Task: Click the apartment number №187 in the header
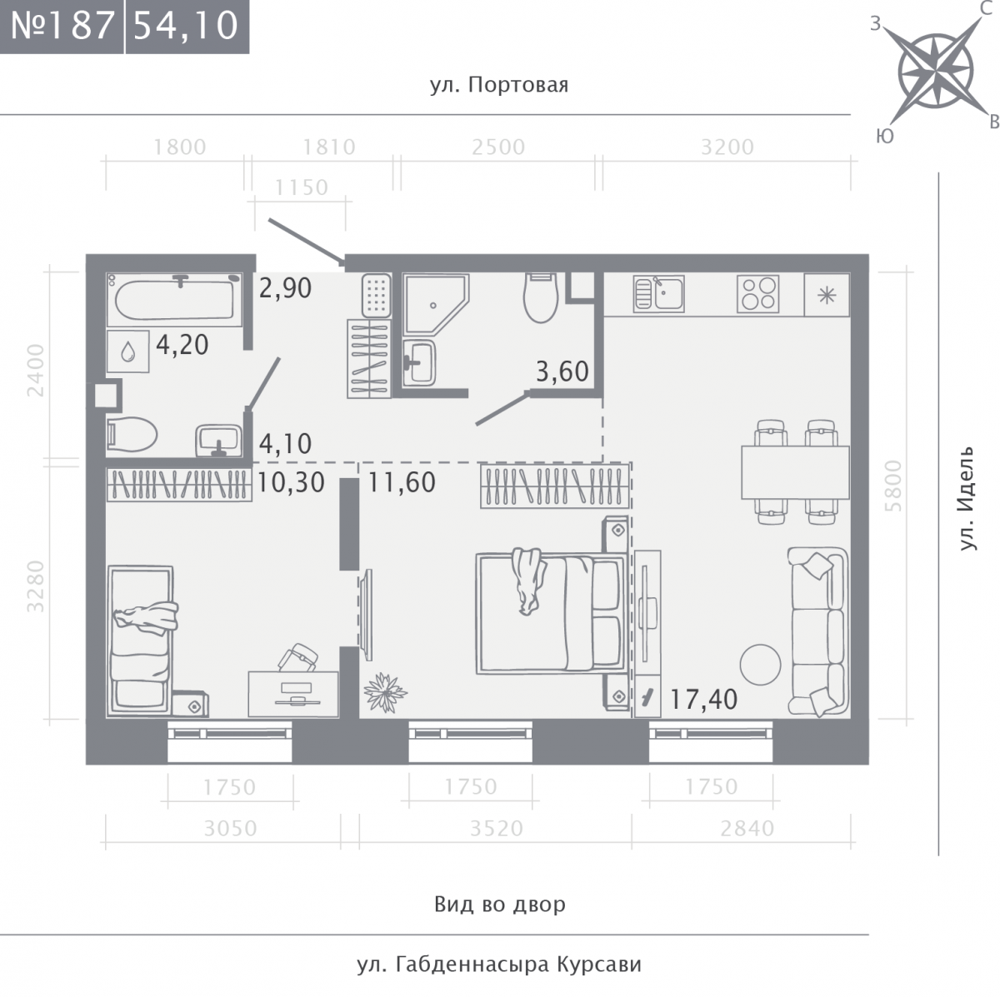click(62, 25)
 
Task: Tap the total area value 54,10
click(187, 25)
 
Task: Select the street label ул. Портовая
click(499, 85)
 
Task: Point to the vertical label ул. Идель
click(967, 498)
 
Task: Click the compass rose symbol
click(935, 71)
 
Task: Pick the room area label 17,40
click(703, 700)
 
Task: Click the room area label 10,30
click(291, 482)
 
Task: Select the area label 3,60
click(562, 371)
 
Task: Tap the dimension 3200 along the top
click(727, 147)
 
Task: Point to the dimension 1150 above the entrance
click(302, 187)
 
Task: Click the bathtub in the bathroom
click(175, 300)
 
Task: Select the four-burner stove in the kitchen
click(758, 293)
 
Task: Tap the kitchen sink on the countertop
click(659, 293)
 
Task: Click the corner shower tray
click(437, 304)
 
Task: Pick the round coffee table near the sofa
click(760, 665)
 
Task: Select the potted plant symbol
click(385, 692)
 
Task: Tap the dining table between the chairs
click(796, 472)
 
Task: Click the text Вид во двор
click(500, 905)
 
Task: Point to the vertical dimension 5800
click(893, 486)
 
